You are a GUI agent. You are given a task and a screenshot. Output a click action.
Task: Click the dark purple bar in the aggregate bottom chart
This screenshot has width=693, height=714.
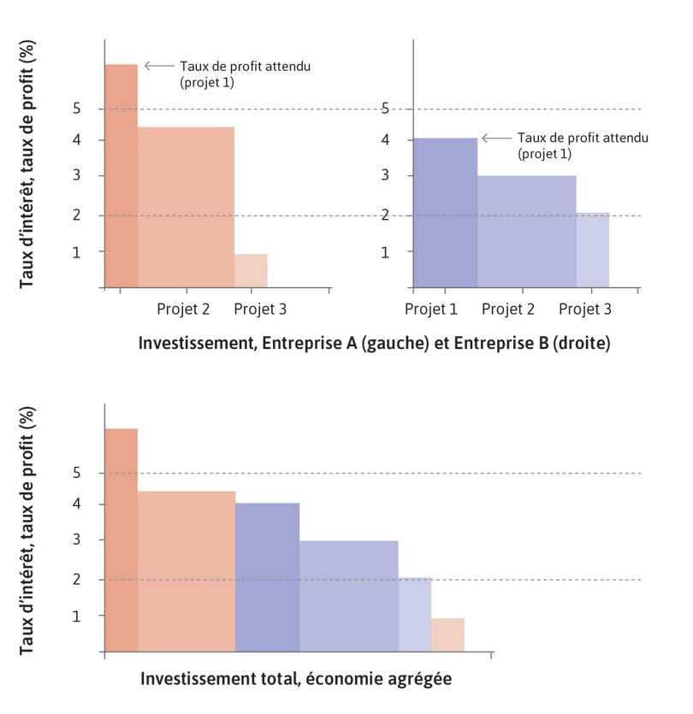pos(267,577)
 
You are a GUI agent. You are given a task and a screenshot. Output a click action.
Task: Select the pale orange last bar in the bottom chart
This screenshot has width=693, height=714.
pos(447,634)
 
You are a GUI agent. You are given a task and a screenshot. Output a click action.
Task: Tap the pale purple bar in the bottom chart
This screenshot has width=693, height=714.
pos(415,614)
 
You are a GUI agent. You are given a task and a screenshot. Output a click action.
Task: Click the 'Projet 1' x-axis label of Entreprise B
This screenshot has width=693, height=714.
pos(431,309)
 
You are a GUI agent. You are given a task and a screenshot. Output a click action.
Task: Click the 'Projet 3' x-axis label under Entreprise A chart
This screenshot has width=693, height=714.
pos(260,309)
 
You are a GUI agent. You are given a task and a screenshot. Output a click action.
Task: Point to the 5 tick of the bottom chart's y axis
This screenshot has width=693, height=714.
pos(77,473)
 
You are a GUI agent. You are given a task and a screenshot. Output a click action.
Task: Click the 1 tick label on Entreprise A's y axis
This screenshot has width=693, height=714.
pos(77,252)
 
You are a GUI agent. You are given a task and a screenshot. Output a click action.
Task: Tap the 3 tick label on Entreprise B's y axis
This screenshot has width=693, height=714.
pos(386,176)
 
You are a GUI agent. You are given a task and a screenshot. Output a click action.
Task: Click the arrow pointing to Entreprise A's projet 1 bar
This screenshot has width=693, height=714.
pos(158,65)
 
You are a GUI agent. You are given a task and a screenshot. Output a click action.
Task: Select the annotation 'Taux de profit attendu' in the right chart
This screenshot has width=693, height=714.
pos(583,138)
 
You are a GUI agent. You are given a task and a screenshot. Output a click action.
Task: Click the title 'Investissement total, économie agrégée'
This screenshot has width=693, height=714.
pos(295,680)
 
